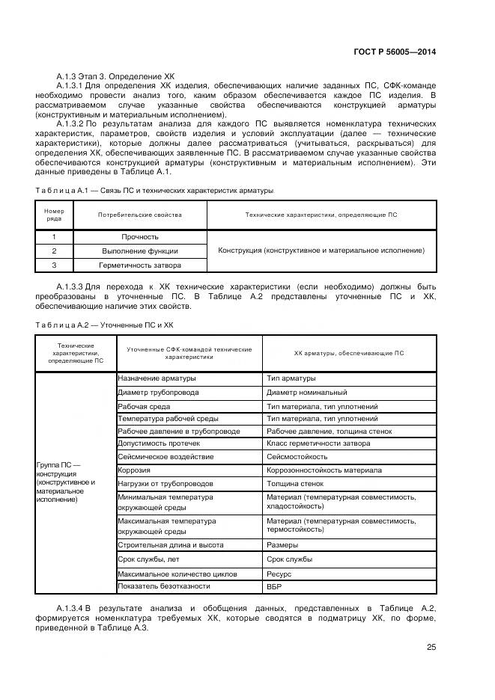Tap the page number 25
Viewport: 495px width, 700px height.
coord(431,648)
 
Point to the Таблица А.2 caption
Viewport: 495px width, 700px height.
coord(104,325)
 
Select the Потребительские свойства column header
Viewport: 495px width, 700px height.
coord(140,215)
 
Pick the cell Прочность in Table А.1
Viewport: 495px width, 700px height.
coord(140,236)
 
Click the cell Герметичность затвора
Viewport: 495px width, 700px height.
coord(140,265)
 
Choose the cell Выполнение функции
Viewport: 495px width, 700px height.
coord(140,251)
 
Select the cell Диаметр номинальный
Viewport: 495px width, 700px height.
coord(306,392)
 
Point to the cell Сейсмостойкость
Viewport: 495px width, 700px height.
coord(297,456)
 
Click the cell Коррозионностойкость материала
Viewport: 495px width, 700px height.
coord(324,470)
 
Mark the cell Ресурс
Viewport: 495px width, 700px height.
coord(279,574)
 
